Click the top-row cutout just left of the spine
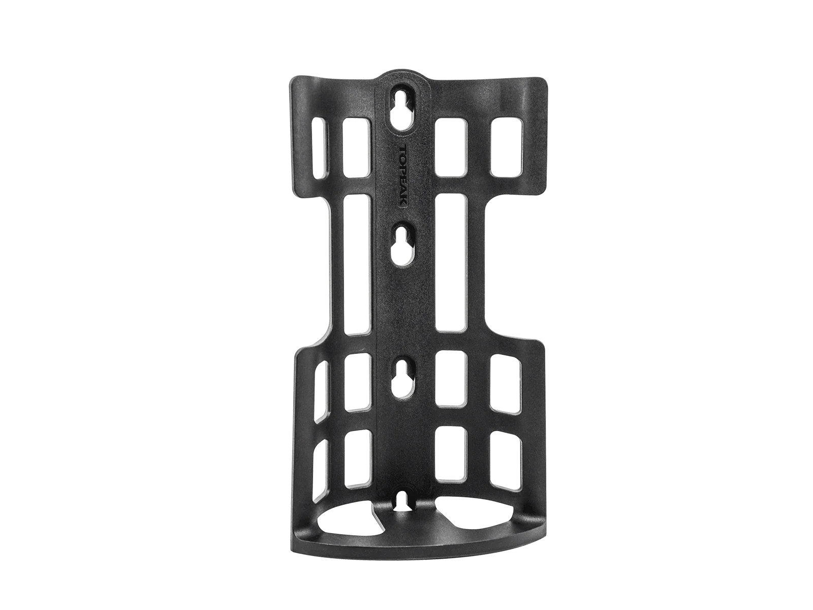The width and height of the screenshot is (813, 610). (357, 147)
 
